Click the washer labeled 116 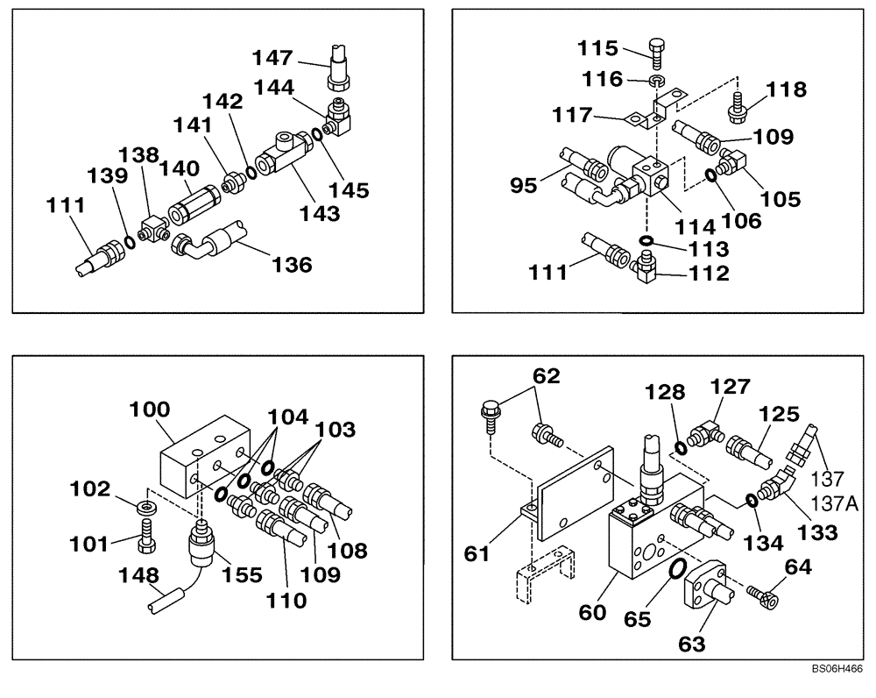click(656, 81)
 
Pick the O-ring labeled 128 click(680, 448)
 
